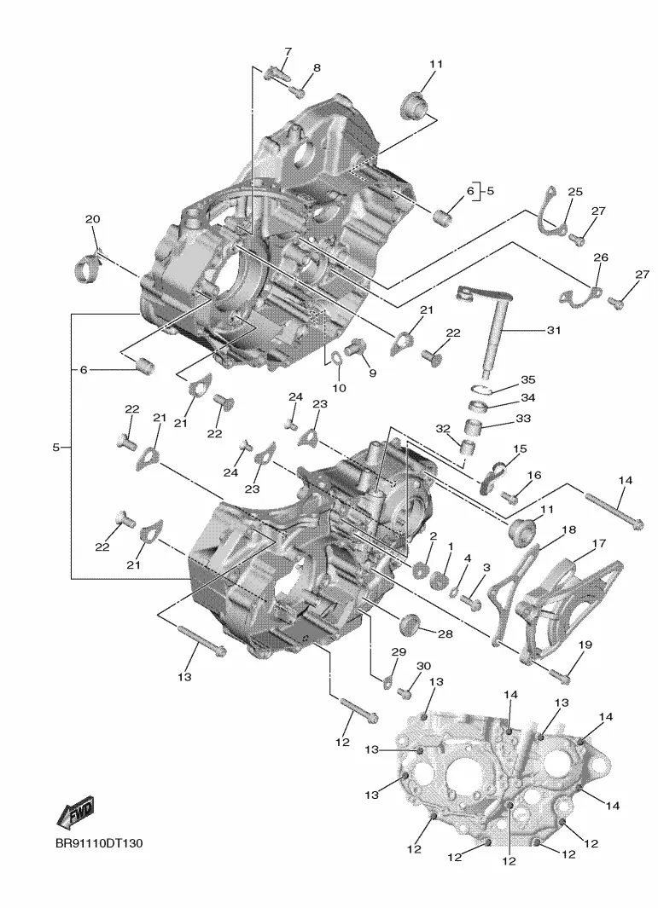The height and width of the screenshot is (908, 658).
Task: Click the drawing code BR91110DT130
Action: (99, 843)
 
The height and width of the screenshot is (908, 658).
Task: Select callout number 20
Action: (92, 219)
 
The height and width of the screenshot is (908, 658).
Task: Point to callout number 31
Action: (554, 330)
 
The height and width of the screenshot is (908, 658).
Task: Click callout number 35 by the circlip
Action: (527, 380)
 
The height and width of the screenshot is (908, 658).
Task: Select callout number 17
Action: (599, 543)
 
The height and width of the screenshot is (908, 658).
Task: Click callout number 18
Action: (568, 529)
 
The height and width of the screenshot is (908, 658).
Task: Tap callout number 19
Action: (585, 645)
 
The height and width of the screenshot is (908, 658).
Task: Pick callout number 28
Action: (445, 634)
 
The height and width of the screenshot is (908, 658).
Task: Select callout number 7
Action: (288, 52)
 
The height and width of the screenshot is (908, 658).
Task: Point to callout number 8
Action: (317, 67)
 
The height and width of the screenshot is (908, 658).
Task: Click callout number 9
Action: (372, 373)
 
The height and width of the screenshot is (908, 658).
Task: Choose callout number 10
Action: (339, 387)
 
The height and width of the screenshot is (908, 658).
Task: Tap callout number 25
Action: (575, 192)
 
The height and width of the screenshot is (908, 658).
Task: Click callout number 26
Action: (601, 257)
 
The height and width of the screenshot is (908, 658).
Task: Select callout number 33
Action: (523, 418)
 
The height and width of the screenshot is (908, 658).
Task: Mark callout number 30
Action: (424, 666)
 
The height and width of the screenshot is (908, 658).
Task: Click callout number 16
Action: (534, 476)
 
